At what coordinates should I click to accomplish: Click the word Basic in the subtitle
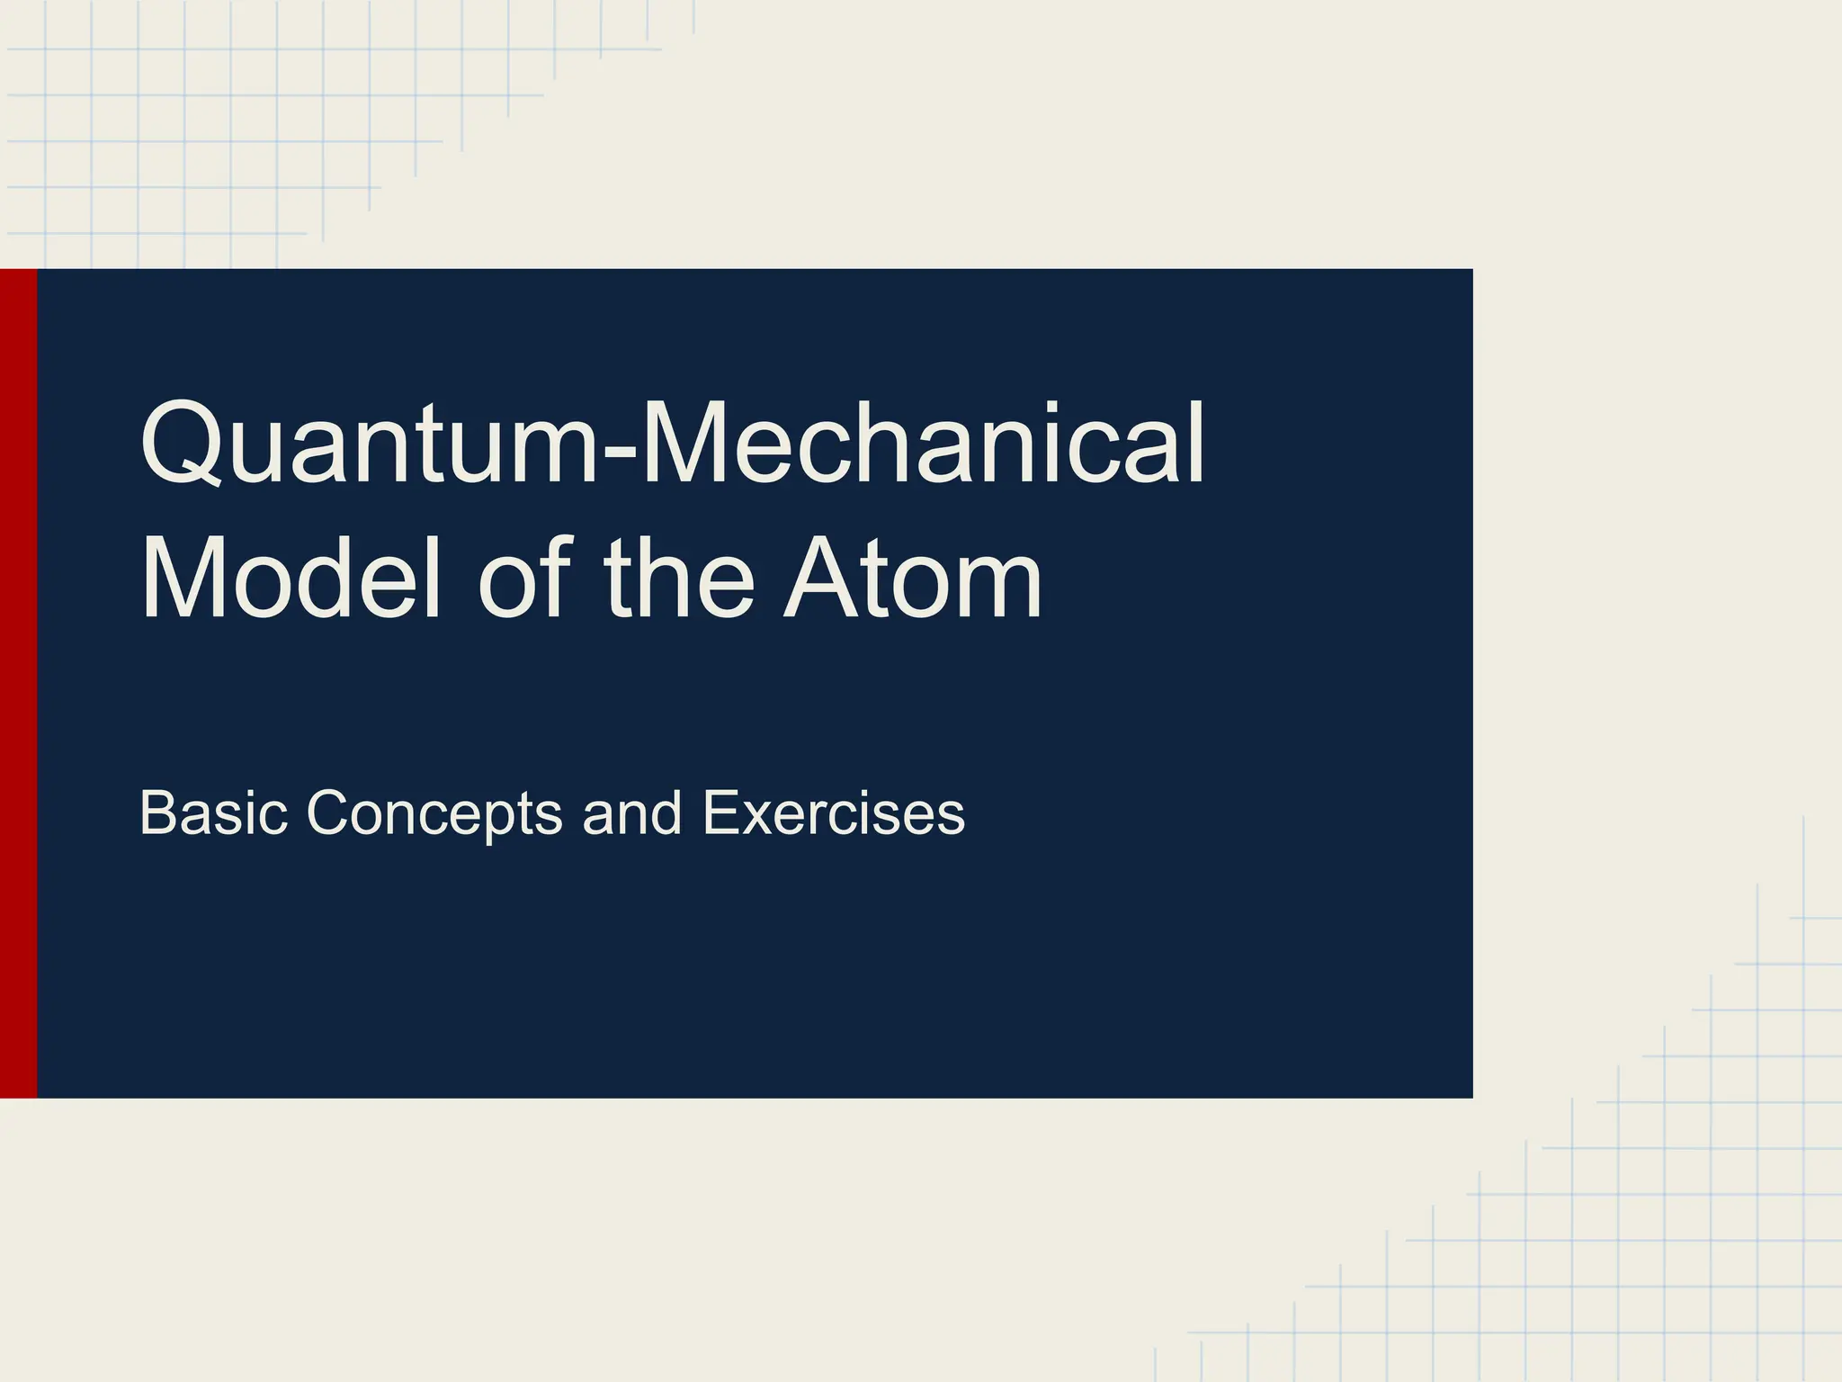(213, 812)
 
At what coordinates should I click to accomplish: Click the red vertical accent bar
(18, 683)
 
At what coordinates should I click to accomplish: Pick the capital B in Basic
(157, 812)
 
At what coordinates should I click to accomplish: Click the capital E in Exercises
(720, 812)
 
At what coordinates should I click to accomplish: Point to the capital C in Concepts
(332, 812)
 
